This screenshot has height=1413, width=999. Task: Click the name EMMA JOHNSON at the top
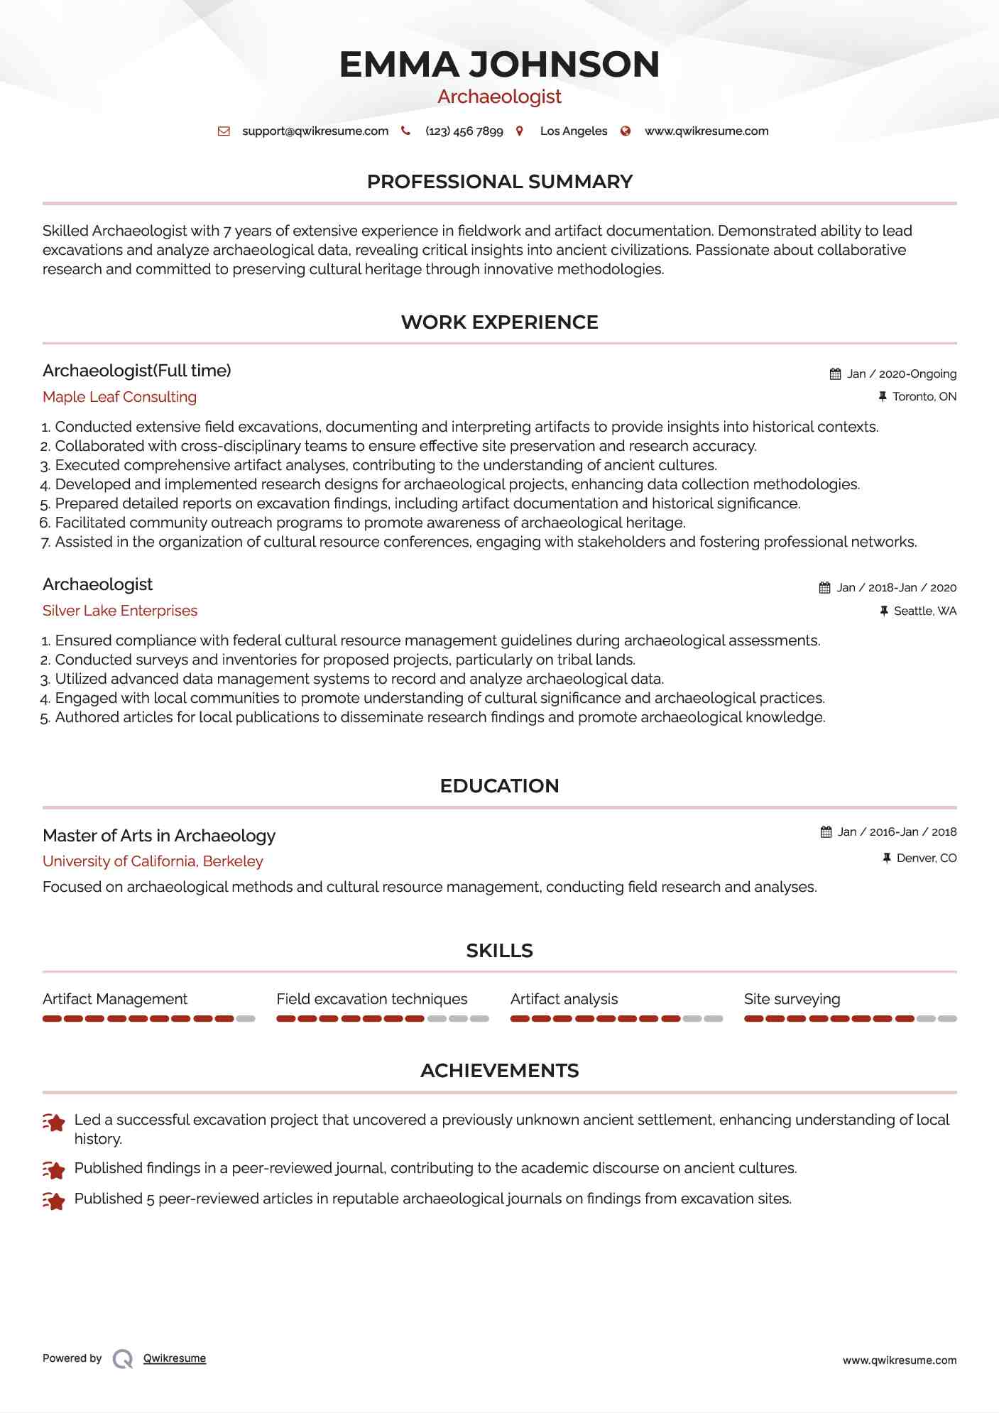pos(499,64)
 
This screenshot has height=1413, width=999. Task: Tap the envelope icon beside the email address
pos(224,131)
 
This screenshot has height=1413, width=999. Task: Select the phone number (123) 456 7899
pos(464,131)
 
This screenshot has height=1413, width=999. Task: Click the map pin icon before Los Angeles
pos(520,131)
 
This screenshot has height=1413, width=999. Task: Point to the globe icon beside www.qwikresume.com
pos(626,131)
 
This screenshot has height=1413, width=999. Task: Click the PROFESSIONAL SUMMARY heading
pos(499,182)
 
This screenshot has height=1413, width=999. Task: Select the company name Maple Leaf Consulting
pos(119,397)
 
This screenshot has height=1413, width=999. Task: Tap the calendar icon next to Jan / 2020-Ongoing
pos(835,374)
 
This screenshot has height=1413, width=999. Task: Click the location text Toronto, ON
pos(924,397)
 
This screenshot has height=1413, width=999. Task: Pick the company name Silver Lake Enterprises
pos(120,611)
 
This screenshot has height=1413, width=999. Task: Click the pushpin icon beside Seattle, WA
pos(884,611)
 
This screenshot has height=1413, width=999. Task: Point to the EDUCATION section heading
pos(499,786)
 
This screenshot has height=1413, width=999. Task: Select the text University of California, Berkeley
pos(153,861)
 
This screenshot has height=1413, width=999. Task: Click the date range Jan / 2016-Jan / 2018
pos(897,832)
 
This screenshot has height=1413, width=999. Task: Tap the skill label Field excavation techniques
pos(371,999)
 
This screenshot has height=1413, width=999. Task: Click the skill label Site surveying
pos(792,999)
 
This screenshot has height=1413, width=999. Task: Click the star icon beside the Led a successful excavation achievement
pos(54,1123)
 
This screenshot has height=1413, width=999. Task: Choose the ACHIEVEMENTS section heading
pos(499,1071)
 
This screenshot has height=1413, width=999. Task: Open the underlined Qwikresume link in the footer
pos(175,1358)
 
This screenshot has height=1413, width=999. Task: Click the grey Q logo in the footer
pos(123,1359)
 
